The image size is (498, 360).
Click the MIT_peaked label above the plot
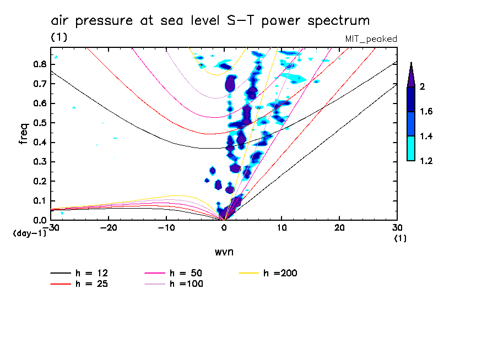coord(371,39)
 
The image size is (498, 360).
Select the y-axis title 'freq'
coord(24,134)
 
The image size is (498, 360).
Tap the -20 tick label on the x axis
coord(109,227)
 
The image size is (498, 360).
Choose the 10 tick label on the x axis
coord(282,227)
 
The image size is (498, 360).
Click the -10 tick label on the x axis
coord(166,227)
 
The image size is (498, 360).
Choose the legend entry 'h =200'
coord(280,273)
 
